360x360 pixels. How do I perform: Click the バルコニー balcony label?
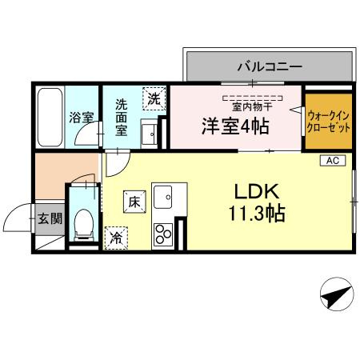coord(268,66)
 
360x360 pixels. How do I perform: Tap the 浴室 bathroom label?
coord(82,117)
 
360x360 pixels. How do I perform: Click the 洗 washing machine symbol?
coord(152,99)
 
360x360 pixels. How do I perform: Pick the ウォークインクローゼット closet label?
coord(328,122)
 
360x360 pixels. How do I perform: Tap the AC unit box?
coord(331,161)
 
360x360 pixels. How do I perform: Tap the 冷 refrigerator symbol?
coord(117,237)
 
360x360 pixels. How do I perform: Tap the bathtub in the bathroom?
coord(50,116)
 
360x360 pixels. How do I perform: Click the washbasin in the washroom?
coord(150,135)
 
